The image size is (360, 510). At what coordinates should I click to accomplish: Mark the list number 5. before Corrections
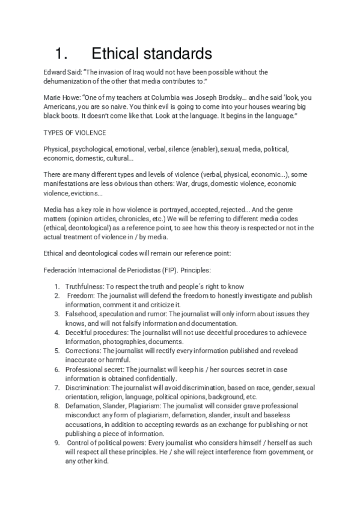56,350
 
